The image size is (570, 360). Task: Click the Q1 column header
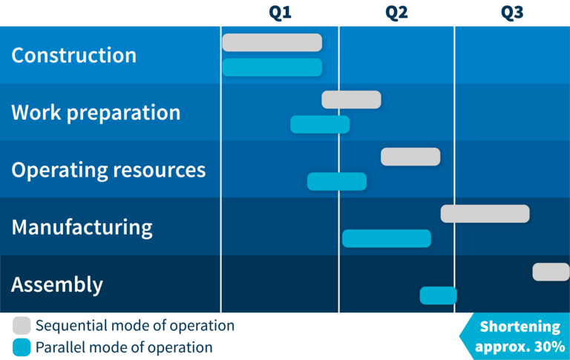coord(280,13)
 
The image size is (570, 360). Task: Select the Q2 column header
coord(396,13)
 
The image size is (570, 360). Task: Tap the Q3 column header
coord(512,13)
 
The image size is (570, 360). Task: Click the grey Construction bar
coord(272,42)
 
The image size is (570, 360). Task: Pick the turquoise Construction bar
coord(272,68)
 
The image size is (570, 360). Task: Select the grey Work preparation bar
coord(351,99)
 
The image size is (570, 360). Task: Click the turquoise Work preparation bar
coord(320,125)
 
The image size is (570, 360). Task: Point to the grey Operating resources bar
coord(410,157)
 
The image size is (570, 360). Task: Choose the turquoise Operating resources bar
coord(337,181)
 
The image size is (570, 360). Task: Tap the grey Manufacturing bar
coord(485,214)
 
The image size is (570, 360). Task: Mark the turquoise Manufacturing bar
coord(387,238)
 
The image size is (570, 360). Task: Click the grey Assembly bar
coord(551,272)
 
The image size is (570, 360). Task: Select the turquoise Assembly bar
coord(438,295)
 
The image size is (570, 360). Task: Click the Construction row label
coord(73,55)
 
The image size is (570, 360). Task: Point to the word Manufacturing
coord(82,228)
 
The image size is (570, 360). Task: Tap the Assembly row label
coord(57,285)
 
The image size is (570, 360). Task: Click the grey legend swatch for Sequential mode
coord(22,325)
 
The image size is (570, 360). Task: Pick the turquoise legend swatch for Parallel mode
coord(22,347)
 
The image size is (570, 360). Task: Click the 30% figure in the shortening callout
coord(549,347)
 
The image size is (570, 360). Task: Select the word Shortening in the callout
coord(520,327)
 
